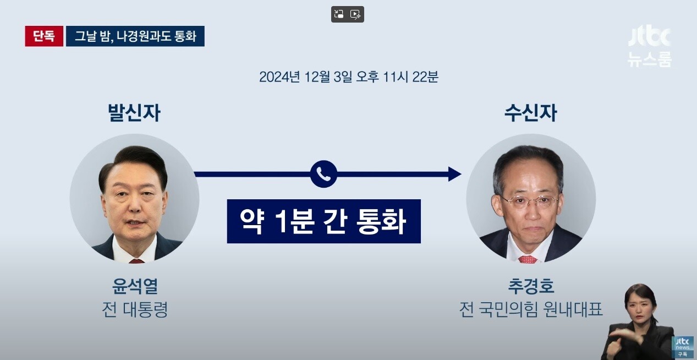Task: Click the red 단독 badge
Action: tap(44, 36)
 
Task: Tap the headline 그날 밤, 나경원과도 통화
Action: tap(135, 36)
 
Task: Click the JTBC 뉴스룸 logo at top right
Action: tap(649, 48)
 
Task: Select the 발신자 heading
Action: tap(134, 112)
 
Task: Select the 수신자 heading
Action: tap(530, 112)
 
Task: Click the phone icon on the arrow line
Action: tap(323, 174)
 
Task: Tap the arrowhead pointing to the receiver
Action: tap(454, 174)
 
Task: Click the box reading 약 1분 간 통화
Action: tap(324, 221)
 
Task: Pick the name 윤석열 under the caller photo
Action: tap(135, 286)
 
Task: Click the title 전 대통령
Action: tap(135, 309)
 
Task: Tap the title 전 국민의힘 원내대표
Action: tap(531, 309)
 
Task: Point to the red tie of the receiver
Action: tap(528, 259)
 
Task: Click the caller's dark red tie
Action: tap(136, 261)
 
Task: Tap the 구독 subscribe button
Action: tap(683, 354)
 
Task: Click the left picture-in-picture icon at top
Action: tap(339, 14)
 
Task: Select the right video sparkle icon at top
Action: tap(355, 14)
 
